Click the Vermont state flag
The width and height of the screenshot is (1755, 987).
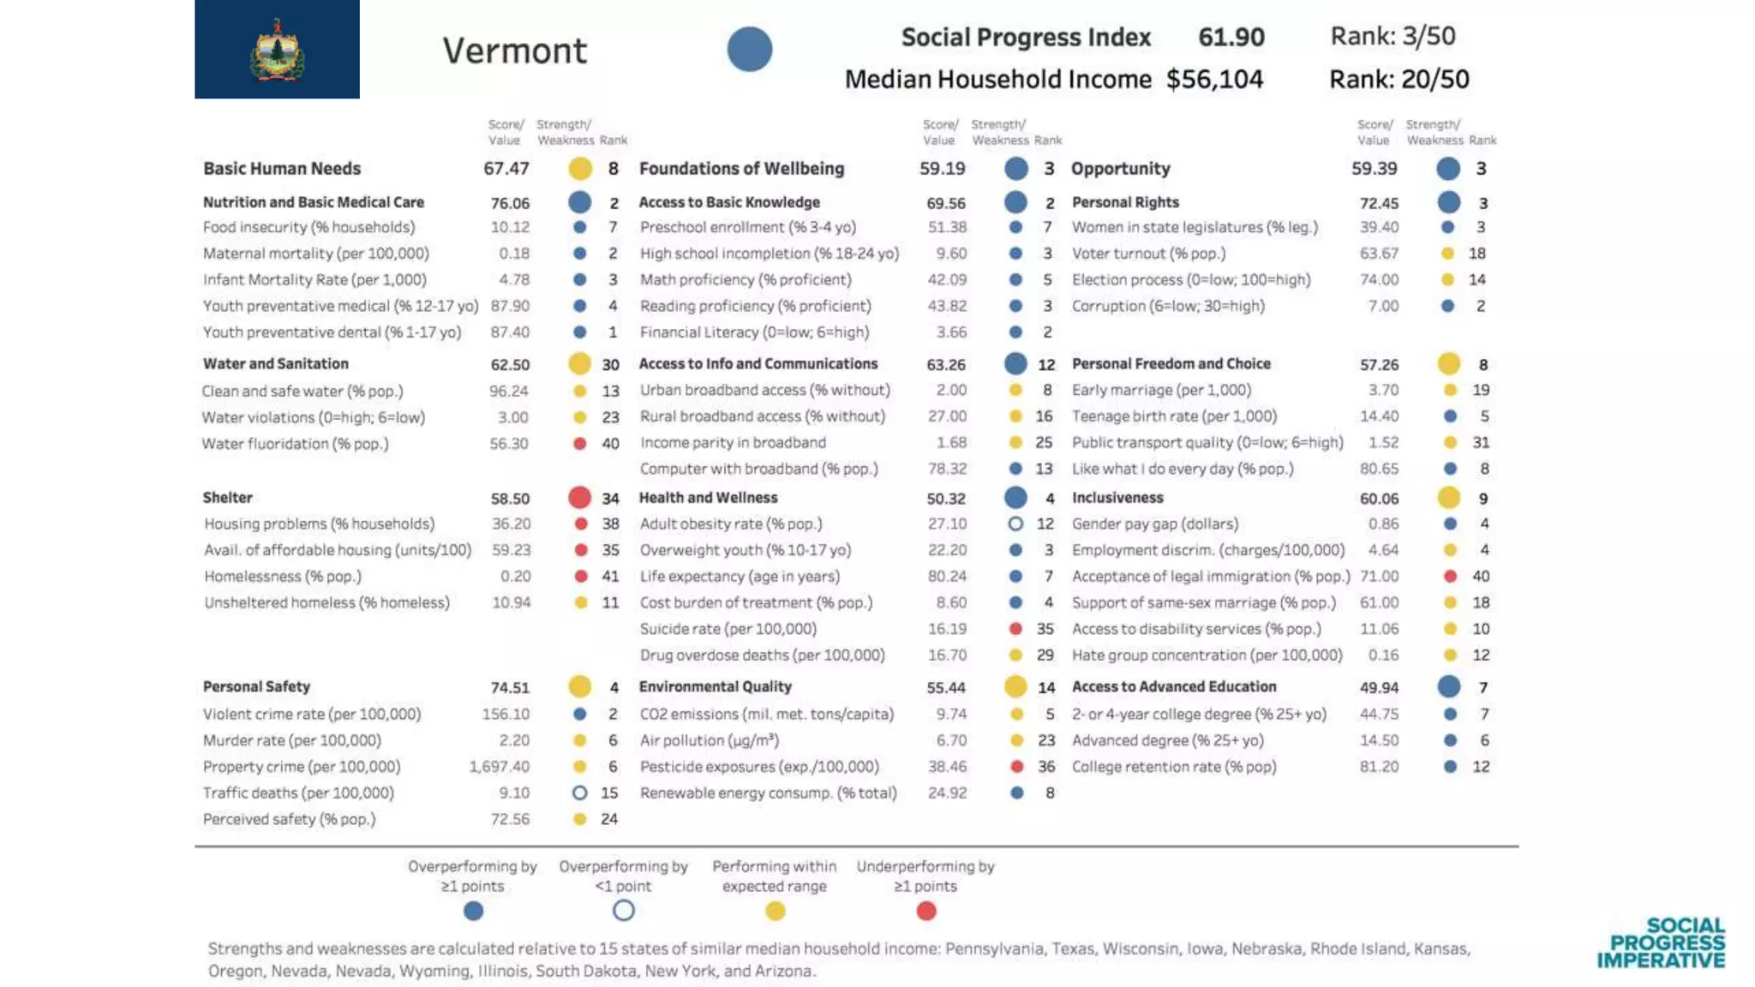pyautogui.click(x=277, y=49)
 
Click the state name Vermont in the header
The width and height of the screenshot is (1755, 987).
pyautogui.click(x=514, y=51)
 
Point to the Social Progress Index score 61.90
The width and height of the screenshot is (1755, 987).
pyautogui.click(x=1231, y=37)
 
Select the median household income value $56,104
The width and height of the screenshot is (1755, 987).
pyautogui.click(x=1213, y=80)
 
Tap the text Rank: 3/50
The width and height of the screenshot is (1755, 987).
pyautogui.click(x=1393, y=36)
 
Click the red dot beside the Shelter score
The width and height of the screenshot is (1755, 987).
pyautogui.click(x=579, y=498)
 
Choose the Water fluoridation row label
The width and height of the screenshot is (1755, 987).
pyautogui.click(x=295, y=444)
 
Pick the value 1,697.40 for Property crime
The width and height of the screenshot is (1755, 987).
pyautogui.click(x=499, y=767)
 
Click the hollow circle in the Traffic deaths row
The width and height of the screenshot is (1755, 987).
pyautogui.click(x=579, y=793)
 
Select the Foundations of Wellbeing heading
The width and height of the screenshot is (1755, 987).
pyautogui.click(x=741, y=169)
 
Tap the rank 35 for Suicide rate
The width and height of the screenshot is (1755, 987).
pyautogui.click(x=1045, y=629)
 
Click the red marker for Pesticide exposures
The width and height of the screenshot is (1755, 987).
pyautogui.click(x=1016, y=767)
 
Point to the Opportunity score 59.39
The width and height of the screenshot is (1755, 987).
pyautogui.click(x=1374, y=169)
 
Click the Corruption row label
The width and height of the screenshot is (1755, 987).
pyautogui.click(x=1167, y=306)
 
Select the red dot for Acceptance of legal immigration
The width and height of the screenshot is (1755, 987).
pyautogui.click(x=1450, y=577)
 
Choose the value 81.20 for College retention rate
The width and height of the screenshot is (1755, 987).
pyautogui.click(x=1379, y=767)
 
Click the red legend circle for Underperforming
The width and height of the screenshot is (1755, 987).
pyautogui.click(x=925, y=911)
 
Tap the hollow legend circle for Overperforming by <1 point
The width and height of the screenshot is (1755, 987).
pyautogui.click(x=624, y=911)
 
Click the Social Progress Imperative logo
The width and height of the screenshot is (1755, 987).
pyautogui.click(x=1661, y=942)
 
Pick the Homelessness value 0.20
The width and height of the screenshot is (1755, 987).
pyautogui.click(x=515, y=577)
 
